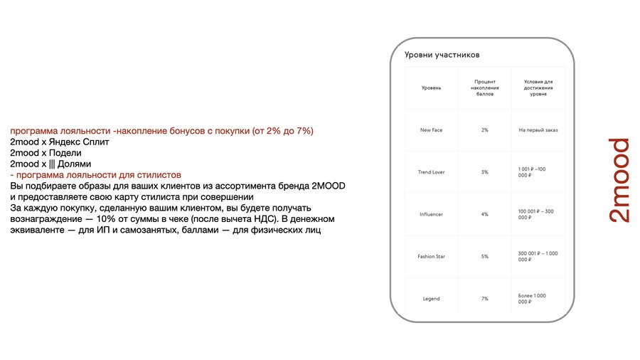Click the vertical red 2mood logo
(617, 180)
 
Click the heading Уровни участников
(442, 55)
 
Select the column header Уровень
(431, 88)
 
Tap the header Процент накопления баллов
(484, 88)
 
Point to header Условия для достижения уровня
(538, 88)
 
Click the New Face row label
(431, 130)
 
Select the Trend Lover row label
(431, 172)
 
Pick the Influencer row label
(431, 214)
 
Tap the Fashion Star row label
(431, 256)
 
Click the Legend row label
(431, 298)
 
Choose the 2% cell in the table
(484, 130)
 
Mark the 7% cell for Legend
(484, 298)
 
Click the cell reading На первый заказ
(537, 130)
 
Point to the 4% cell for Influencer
(484, 214)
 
